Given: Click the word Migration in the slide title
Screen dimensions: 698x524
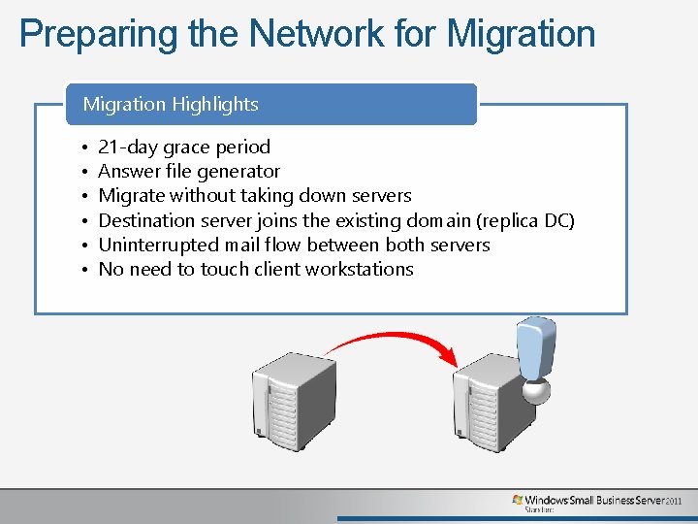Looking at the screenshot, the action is click(x=521, y=34).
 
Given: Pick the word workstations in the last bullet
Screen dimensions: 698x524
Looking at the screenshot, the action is click(x=359, y=269).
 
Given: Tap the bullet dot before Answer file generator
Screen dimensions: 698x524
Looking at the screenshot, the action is click(x=84, y=173).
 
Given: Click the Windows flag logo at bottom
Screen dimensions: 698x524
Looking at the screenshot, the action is click(x=518, y=501).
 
